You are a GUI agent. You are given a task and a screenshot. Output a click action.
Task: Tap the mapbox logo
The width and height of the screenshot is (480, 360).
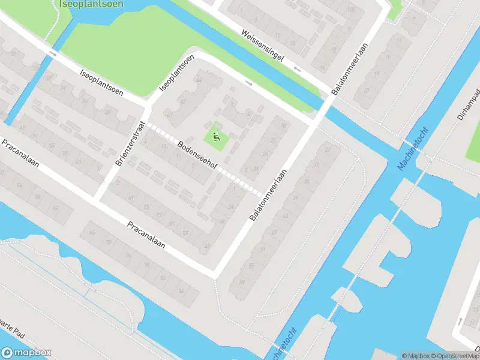26,353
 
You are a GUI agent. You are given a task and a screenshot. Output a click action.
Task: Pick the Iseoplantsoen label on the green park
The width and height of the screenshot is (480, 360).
92,4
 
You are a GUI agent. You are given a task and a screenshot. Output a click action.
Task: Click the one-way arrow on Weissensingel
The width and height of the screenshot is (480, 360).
297,69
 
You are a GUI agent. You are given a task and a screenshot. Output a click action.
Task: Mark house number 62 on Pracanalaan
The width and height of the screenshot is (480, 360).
55,207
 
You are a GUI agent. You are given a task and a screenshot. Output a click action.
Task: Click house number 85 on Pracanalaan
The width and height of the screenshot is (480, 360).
185,233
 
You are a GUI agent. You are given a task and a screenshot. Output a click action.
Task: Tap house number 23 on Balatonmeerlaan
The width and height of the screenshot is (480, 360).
365,89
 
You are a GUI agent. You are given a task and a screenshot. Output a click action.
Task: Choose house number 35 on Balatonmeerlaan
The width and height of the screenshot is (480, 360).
307,181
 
